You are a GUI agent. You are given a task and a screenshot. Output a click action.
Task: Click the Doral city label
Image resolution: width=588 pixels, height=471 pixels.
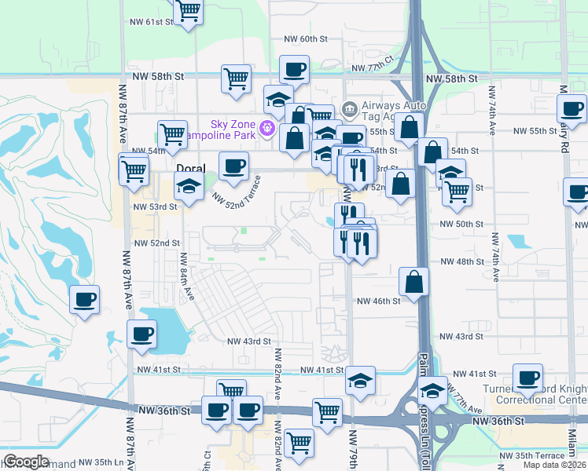(190, 168)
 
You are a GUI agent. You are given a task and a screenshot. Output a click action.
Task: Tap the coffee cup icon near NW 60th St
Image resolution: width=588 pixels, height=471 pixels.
(294, 70)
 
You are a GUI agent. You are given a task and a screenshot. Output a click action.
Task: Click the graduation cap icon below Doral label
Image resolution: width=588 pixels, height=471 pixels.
(189, 187)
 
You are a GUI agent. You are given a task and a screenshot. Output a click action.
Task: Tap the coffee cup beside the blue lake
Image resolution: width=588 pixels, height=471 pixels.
(141, 334)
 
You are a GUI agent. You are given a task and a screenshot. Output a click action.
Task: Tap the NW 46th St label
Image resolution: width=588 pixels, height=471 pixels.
(379, 301)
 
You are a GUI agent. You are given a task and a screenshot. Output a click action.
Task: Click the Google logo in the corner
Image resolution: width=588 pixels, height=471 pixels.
(26, 462)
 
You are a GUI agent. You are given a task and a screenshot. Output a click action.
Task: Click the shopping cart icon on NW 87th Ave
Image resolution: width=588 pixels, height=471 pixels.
(134, 168)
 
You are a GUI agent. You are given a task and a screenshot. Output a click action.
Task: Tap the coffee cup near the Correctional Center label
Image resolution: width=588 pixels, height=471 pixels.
(527, 378)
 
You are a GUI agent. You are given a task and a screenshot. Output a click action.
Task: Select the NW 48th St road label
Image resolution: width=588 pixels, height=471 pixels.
(460, 261)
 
